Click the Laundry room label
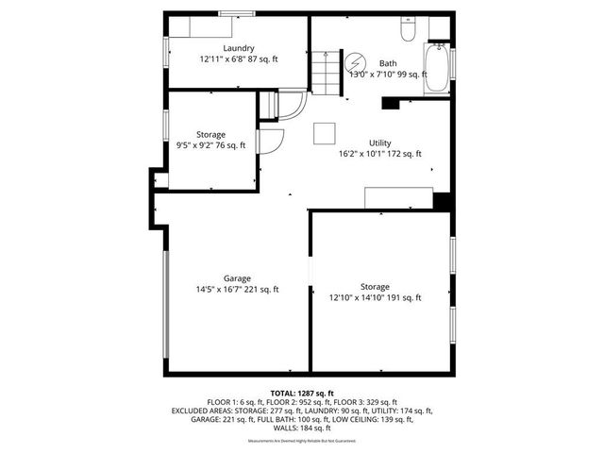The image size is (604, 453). coord(238,47)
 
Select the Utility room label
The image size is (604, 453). coord(380,143)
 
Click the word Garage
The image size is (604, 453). coord(237,278)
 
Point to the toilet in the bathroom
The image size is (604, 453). coord(407,31)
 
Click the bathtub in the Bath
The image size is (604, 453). coord(436,69)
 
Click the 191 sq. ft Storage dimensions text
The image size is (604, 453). coord(375,297)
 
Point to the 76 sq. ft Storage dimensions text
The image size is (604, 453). coord(211,145)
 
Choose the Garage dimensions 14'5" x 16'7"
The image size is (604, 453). coord(237,290)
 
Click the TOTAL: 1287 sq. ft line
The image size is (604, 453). coord(301,393)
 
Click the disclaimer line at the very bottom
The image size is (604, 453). coord(301,441)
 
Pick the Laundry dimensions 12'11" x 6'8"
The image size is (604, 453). coord(238,59)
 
